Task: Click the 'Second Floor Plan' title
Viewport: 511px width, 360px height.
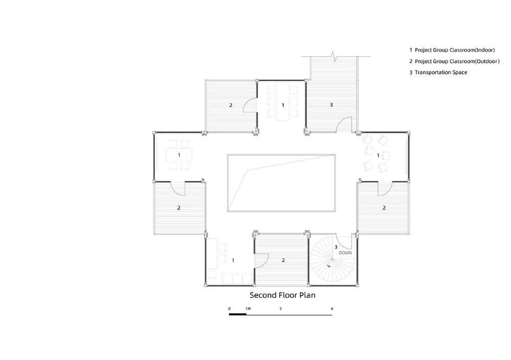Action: (x=282, y=295)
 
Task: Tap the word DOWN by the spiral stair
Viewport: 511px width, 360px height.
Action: (x=345, y=253)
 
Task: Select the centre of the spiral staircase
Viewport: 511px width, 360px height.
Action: (x=332, y=259)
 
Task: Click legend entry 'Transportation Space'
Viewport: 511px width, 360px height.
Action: (x=440, y=73)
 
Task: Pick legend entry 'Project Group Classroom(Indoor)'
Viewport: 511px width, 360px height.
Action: (x=455, y=50)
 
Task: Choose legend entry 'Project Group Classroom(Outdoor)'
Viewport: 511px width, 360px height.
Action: (x=457, y=61)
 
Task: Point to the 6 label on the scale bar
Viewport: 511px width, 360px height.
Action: (x=332, y=308)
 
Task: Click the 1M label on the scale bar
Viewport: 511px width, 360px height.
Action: (x=248, y=308)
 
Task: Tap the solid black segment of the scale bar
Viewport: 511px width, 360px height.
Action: (x=238, y=315)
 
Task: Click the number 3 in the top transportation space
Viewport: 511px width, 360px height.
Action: (x=332, y=105)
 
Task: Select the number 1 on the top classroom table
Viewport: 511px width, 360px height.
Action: (x=283, y=105)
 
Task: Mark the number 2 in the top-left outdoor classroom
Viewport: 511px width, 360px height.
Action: (x=231, y=105)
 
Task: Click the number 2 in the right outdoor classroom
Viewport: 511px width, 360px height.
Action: (x=384, y=207)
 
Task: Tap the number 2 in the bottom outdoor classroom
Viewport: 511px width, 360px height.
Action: (x=283, y=260)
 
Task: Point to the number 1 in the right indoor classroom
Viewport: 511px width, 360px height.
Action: (x=378, y=155)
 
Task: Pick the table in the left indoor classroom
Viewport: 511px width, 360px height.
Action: (x=179, y=155)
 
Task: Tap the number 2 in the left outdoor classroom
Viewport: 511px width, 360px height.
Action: (x=178, y=207)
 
